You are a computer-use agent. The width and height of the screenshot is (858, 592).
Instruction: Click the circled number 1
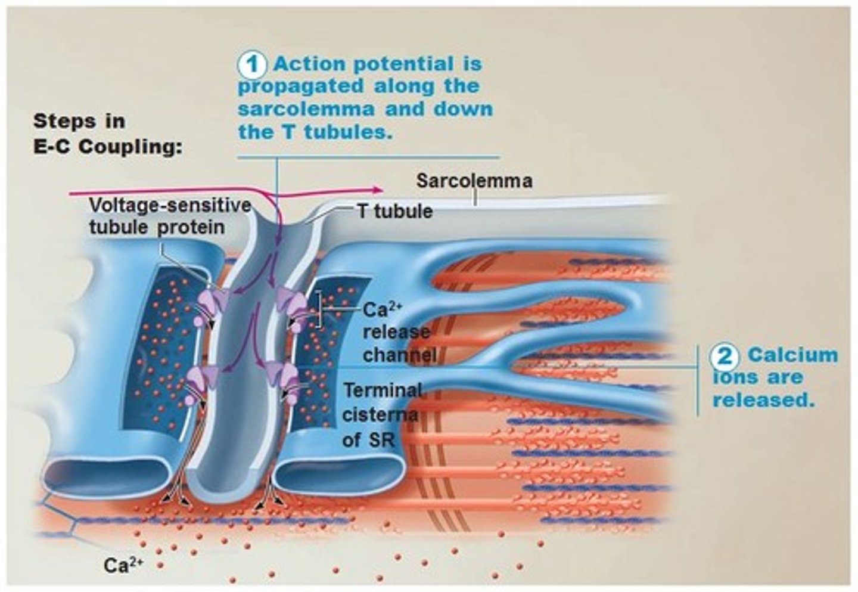(253, 65)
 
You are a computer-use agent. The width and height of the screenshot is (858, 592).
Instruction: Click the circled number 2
(725, 356)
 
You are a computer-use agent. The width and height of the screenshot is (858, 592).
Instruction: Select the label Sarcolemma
(474, 181)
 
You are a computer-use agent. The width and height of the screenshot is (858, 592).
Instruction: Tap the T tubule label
(394, 211)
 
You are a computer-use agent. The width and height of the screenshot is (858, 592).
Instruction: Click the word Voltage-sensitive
(170, 206)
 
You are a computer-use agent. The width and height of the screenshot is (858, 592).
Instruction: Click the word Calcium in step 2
(792, 355)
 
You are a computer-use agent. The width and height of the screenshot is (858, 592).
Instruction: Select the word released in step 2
(763, 400)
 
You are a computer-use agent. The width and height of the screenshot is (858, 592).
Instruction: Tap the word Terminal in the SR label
(383, 390)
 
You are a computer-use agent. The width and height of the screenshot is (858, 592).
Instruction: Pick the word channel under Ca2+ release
(399, 355)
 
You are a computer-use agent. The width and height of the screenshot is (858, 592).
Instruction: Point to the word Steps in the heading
(62, 121)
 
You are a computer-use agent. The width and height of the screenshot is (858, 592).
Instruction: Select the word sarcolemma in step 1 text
(306, 110)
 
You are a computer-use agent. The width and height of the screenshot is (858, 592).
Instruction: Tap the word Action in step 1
(312, 64)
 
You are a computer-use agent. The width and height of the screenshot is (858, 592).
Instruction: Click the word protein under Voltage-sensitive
(191, 228)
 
